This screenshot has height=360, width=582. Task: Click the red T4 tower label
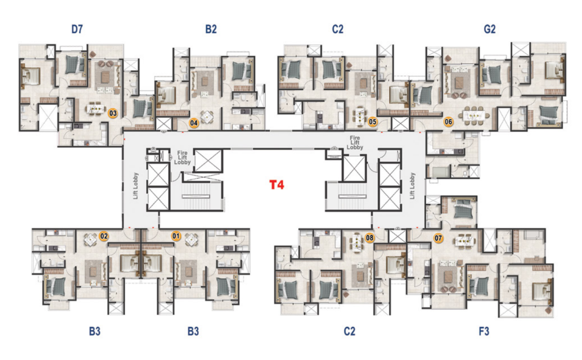point(277,185)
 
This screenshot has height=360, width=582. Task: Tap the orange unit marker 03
point(112,113)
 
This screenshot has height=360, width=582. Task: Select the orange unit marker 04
point(194,123)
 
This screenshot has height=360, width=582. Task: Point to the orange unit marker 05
point(372,121)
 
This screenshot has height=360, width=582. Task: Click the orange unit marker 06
point(449,121)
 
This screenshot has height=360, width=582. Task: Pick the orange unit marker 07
point(438,238)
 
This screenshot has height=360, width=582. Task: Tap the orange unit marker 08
point(369,238)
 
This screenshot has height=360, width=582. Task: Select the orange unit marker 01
point(175,236)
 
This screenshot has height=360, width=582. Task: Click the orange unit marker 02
point(104,236)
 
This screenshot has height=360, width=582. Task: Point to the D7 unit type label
point(77,29)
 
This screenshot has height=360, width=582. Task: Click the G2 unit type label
point(489,29)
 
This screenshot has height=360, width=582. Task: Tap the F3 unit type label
point(483,331)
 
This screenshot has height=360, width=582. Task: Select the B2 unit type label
point(211,29)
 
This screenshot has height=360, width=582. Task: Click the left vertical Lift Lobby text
point(136,186)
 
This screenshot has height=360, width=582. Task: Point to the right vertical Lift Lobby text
point(413,186)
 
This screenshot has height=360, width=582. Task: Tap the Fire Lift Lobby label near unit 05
point(355,143)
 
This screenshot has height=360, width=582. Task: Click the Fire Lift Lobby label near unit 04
point(182,157)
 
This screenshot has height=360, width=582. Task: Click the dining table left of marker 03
point(96,109)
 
